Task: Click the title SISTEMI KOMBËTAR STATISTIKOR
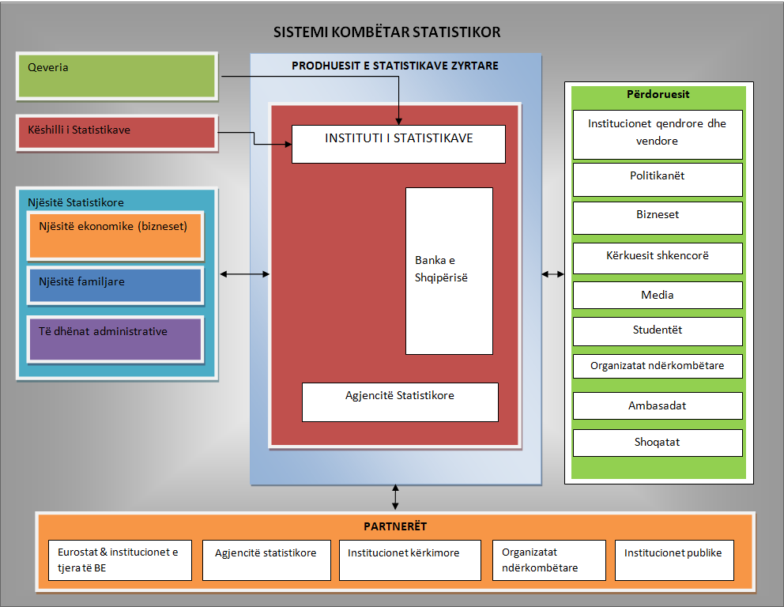pyautogui.click(x=386, y=32)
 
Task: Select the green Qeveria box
pyautogui.click(x=117, y=76)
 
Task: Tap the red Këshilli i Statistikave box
pyautogui.click(x=117, y=133)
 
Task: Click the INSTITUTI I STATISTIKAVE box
pyautogui.click(x=398, y=144)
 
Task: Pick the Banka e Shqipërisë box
pyautogui.click(x=449, y=271)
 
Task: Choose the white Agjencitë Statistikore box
pyautogui.click(x=400, y=402)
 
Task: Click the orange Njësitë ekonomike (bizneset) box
pyautogui.click(x=115, y=236)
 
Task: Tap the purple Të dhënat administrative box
pyautogui.click(x=115, y=339)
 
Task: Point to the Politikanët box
pyautogui.click(x=658, y=179)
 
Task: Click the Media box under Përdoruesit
pyautogui.click(x=658, y=295)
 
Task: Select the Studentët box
pyautogui.click(x=658, y=331)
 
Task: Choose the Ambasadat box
pyautogui.click(x=658, y=405)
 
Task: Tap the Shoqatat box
pyautogui.click(x=658, y=443)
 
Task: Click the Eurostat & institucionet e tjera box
pyautogui.click(x=120, y=560)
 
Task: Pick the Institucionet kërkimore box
pyautogui.click(x=410, y=560)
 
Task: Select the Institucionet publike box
pyautogui.click(x=674, y=560)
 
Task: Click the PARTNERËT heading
pyautogui.click(x=395, y=526)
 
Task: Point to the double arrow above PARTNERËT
pyautogui.click(x=395, y=497)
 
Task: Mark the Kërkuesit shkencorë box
pyautogui.click(x=658, y=258)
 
